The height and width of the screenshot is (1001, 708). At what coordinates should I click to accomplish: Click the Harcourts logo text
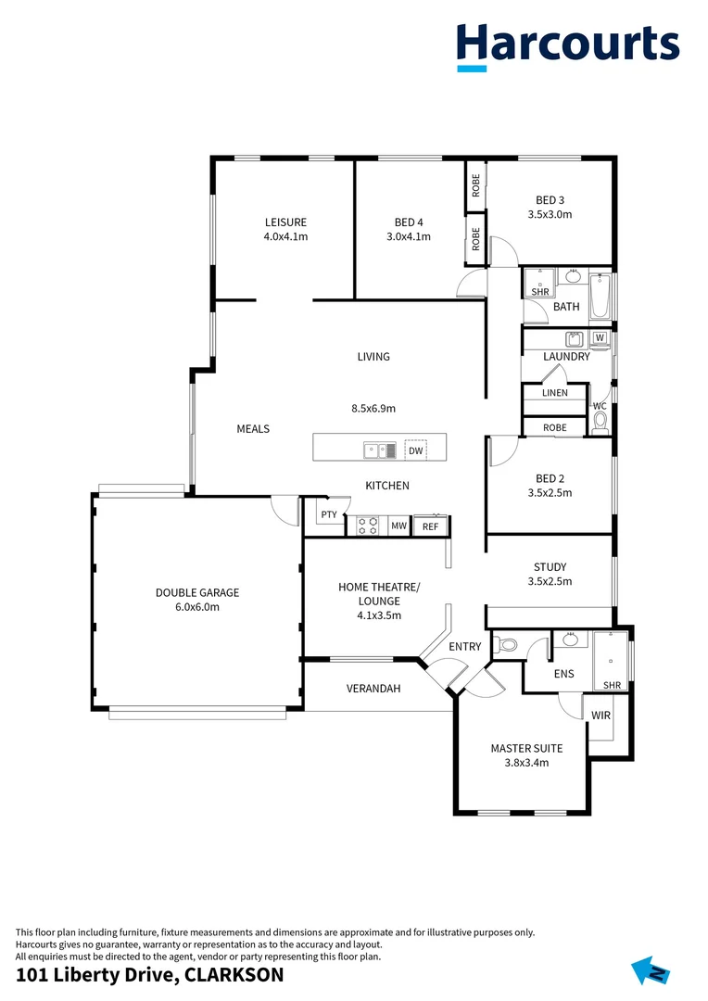(x=567, y=44)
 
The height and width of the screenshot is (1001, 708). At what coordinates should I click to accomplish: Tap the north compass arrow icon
(x=651, y=970)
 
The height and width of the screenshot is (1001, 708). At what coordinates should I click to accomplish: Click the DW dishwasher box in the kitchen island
(x=416, y=450)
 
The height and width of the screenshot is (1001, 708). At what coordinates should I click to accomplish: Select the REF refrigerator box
(x=430, y=526)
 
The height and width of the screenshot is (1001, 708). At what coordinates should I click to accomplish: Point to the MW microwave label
(x=398, y=526)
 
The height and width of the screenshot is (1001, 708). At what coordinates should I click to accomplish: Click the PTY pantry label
(x=328, y=515)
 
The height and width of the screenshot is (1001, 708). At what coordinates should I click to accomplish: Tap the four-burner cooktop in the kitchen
(x=368, y=526)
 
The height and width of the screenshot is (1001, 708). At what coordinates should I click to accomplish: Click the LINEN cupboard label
(x=554, y=393)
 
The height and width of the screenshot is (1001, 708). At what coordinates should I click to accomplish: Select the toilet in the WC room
(x=600, y=423)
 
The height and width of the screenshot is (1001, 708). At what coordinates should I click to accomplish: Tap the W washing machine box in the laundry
(x=600, y=337)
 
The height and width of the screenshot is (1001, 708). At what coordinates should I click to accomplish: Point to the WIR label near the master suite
(x=601, y=716)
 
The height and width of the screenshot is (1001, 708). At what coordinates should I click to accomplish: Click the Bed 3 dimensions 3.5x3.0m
(x=550, y=214)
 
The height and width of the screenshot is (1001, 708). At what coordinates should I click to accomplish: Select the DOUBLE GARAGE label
(x=196, y=592)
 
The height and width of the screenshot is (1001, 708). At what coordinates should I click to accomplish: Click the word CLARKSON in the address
(x=234, y=975)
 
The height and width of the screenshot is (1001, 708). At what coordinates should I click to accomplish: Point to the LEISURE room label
(x=285, y=222)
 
